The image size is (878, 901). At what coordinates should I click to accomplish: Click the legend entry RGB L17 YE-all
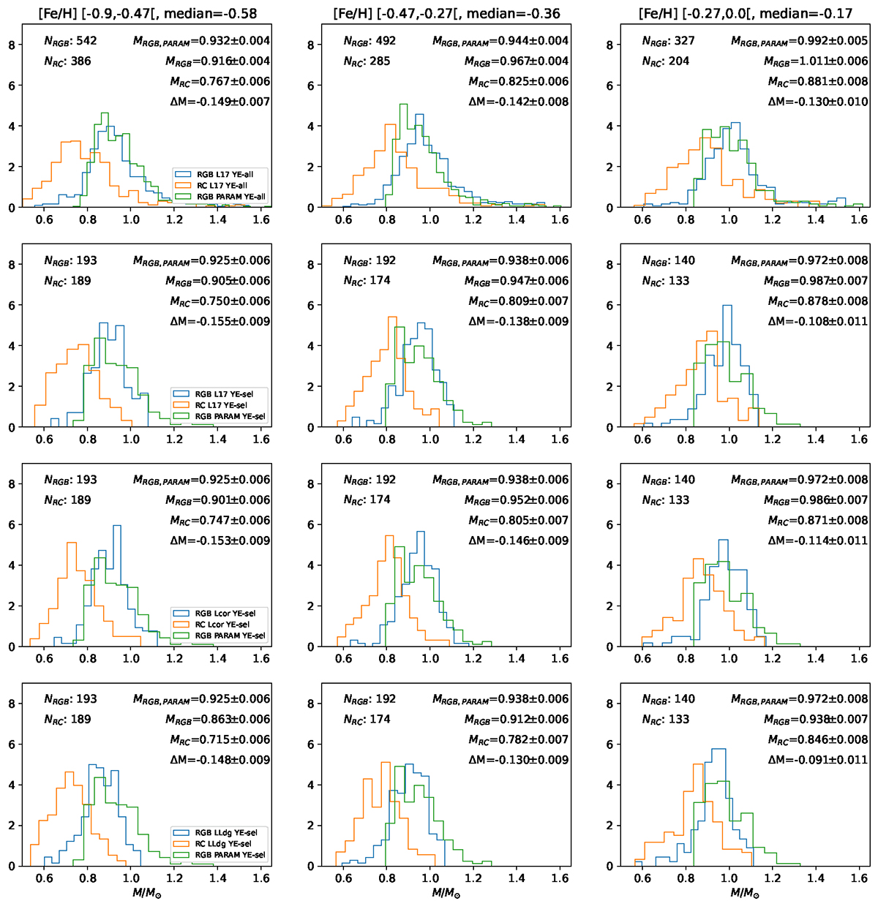pyautogui.click(x=230, y=174)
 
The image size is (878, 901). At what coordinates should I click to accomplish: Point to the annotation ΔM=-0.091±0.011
pyautogui.click(x=818, y=760)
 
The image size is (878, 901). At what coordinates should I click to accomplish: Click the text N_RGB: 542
pyautogui.click(x=70, y=41)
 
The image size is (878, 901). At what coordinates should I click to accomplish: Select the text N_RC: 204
pyautogui.click(x=666, y=61)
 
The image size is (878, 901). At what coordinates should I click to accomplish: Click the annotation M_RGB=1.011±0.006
pyautogui.click(x=816, y=61)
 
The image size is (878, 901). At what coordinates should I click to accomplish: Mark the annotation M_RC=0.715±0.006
pyautogui.click(x=219, y=739)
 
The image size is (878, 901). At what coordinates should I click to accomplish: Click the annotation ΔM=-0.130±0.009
pyautogui.click(x=519, y=760)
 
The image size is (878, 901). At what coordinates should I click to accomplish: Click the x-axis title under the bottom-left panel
pyautogui.click(x=147, y=893)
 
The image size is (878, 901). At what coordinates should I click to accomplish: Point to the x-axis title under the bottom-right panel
pyautogui.click(x=745, y=893)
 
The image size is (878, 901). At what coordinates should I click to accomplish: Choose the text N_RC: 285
pyautogui.click(x=367, y=61)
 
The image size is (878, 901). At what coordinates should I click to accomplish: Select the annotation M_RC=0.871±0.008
pyautogui.click(x=818, y=520)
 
